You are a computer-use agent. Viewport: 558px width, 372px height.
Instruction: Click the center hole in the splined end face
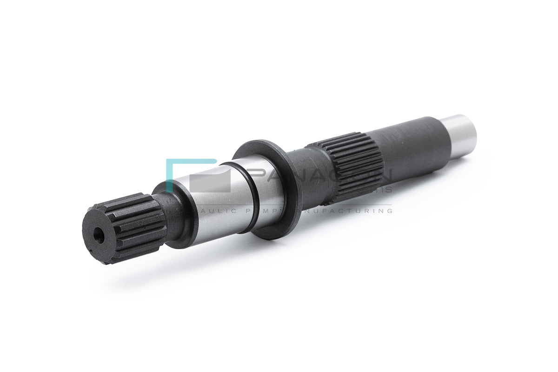[x=99, y=236]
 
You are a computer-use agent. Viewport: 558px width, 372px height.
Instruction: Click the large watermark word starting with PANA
[x=321, y=177]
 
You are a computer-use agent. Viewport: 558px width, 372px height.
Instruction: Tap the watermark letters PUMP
[x=265, y=211]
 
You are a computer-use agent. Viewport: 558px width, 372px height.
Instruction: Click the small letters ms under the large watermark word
[x=384, y=190]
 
